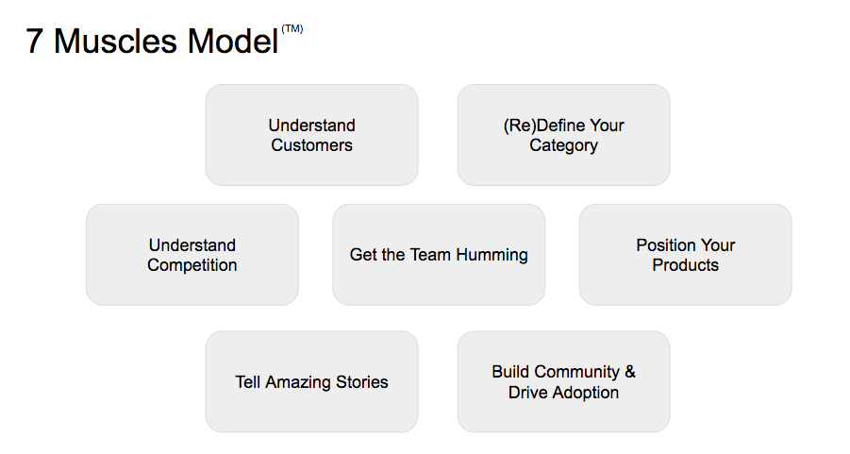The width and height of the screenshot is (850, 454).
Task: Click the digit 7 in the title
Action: coord(35,42)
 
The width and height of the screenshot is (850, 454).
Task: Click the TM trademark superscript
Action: coord(292,29)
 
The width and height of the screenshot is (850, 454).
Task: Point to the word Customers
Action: coord(311,145)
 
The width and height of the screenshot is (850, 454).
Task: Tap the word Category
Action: coord(563,146)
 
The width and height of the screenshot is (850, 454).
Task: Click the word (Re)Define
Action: coord(542,126)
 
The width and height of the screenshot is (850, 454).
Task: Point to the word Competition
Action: coord(192,265)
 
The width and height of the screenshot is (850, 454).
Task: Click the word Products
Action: coord(685,265)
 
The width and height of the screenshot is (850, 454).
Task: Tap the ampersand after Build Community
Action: coord(630,372)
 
